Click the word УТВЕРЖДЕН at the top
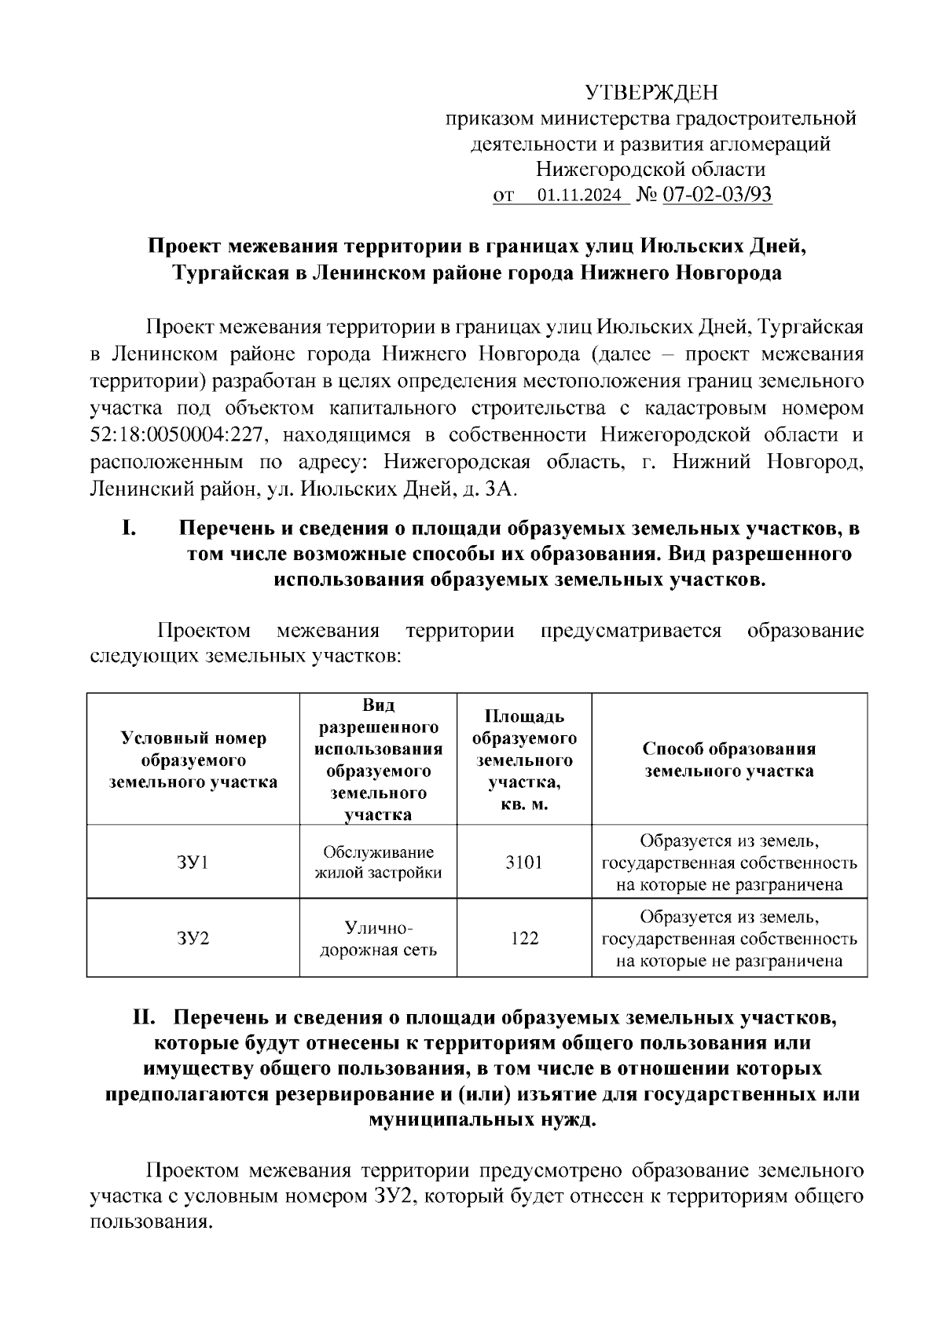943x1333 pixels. point(651,93)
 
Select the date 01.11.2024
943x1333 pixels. point(579,196)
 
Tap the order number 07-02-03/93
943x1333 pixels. point(717,195)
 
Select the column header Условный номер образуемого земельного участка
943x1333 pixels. point(193,760)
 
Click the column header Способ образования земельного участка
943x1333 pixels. point(728,760)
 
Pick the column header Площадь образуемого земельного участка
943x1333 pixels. point(523,760)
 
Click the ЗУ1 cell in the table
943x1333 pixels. point(193,862)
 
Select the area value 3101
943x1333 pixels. point(523,862)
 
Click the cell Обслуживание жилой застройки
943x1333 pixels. point(378,862)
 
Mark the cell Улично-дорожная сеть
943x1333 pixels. point(378,939)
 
